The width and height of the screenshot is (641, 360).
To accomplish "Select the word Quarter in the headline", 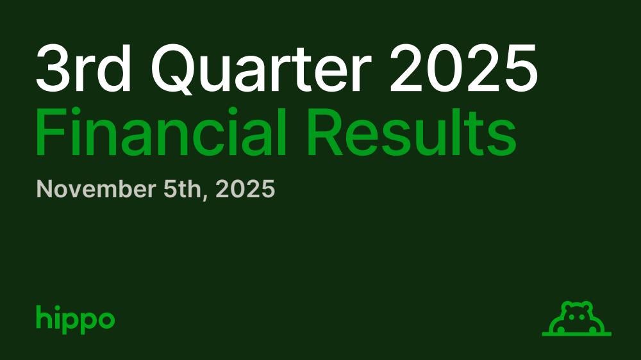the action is (262, 69).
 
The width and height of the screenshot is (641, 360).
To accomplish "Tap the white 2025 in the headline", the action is (463, 68).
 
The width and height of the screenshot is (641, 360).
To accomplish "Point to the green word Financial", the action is (160, 131).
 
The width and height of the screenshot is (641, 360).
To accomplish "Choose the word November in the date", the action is (96, 189).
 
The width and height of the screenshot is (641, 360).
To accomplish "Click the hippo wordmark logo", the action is (75, 319).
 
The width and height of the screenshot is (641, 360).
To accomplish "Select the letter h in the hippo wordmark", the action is (42, 316).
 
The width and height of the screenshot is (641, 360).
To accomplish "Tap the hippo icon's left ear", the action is (567, 306).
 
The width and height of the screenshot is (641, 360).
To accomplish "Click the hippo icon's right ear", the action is (587, 306).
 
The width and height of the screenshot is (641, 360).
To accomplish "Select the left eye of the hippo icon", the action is (572, 316).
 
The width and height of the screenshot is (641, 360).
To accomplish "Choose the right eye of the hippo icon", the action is (582, 316).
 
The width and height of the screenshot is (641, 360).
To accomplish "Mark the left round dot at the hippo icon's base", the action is (562, 329).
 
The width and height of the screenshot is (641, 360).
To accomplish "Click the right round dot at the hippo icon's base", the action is (592, 329).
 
